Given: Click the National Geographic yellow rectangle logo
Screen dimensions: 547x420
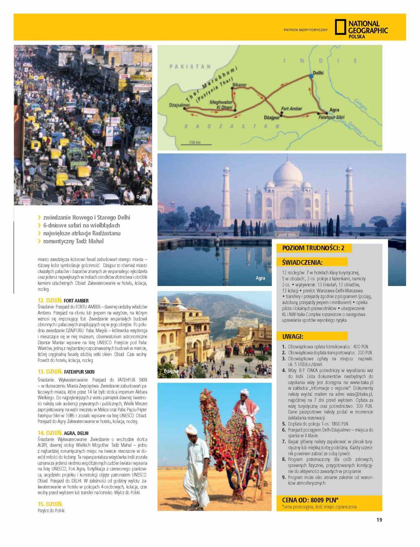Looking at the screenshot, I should (340, 27).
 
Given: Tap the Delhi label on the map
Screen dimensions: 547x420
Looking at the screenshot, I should (318, 73).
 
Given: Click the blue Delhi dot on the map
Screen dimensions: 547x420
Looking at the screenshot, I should (311, 76).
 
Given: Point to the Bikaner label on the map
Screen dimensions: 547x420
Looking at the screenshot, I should (239, 85).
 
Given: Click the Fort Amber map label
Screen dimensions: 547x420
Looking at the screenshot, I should (291, 108).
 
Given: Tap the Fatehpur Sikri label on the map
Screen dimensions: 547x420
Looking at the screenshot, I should (331, 117).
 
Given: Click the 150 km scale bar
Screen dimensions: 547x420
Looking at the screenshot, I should (196, 144).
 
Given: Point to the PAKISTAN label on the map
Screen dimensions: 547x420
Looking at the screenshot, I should (190, 66).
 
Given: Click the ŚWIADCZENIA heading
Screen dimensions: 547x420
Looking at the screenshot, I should (302, 262).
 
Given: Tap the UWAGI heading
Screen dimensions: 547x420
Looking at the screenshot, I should (293, 336).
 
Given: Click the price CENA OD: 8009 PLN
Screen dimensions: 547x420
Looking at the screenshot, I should (310, 500).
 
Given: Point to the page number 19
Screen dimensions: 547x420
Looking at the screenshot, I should (379, 520).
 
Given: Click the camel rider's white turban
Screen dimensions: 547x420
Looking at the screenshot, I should (244, 392).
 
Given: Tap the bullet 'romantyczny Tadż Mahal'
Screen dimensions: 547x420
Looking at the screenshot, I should (73, 241).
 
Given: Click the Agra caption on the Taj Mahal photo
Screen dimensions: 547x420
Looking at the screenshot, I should (260, 278).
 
